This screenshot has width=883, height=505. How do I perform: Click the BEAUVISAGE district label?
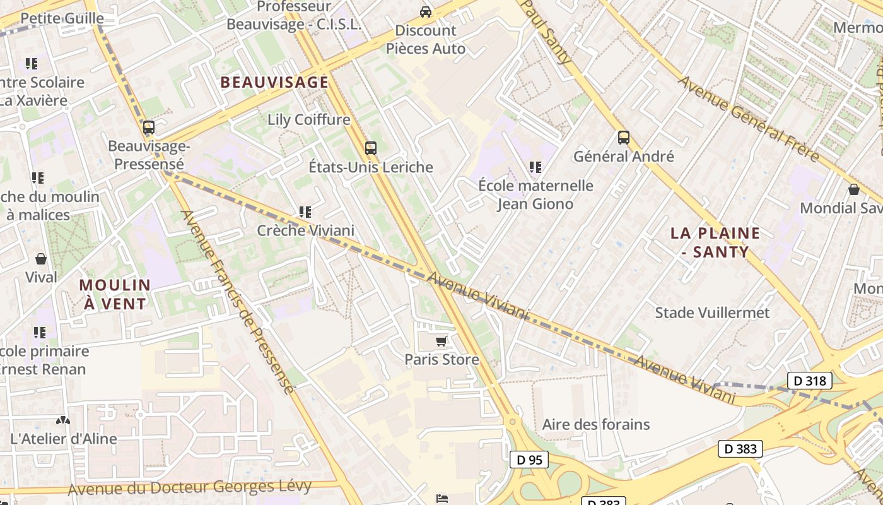tap(274, 82)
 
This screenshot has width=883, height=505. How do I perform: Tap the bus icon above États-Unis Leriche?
tap(371, 148)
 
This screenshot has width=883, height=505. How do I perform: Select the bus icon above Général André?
tap(624, 137)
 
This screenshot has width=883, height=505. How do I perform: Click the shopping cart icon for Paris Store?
tap(441, 341)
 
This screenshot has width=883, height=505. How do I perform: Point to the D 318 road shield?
tap(810, 381)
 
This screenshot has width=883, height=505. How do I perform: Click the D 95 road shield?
tap(529, 460)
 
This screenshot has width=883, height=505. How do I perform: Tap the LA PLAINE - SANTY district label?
tap(715, 242)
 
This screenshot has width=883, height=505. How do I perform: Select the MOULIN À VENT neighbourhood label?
tap(115, 294)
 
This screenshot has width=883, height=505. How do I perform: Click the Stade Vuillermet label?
tap(712, 312)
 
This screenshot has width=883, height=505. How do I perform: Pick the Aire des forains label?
tap(595, 424)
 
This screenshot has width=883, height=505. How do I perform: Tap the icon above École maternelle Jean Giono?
tap(535, 167)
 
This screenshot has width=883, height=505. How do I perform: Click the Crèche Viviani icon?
tap(305, 212)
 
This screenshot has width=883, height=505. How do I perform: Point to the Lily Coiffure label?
tap(308, 119)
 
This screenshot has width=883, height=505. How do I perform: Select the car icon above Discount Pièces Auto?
tap(426, 12)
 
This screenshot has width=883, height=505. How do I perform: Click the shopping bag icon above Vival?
tap(41, 259)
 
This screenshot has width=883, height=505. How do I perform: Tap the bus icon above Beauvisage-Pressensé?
tap(149, 128)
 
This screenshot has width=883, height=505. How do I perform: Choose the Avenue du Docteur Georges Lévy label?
tap(189, 487)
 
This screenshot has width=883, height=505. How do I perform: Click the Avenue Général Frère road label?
tap(748, 119)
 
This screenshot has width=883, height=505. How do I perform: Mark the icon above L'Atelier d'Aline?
tap(62, 420)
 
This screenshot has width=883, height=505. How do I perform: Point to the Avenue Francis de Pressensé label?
tap(238, 302)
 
